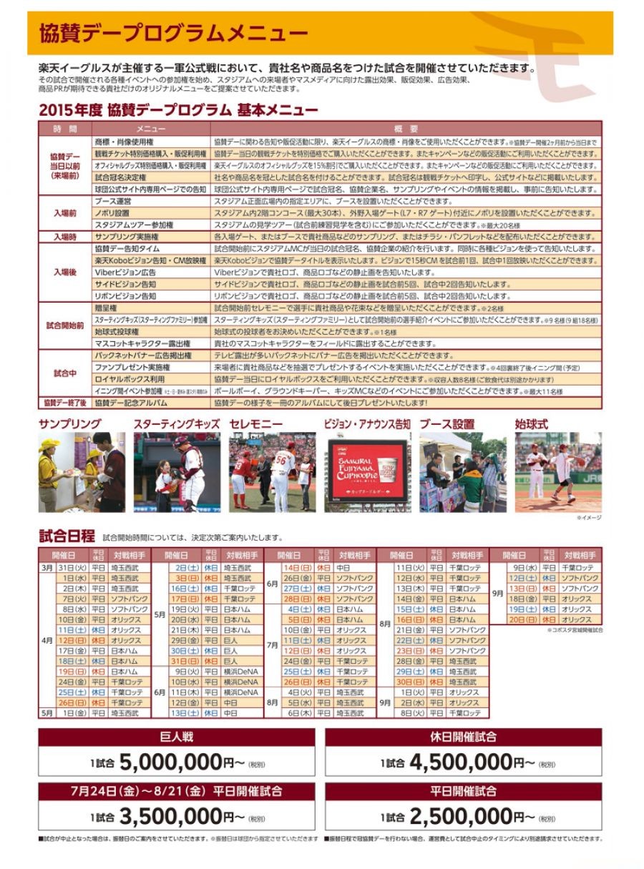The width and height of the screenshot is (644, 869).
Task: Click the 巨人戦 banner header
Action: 176,737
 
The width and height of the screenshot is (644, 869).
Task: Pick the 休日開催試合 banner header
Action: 463,737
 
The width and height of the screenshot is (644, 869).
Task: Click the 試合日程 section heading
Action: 67,536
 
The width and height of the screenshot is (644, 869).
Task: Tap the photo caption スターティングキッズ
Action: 177,424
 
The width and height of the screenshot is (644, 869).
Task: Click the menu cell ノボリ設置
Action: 112,213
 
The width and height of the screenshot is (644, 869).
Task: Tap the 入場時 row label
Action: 65,236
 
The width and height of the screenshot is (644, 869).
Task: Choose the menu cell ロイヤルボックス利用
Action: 130,379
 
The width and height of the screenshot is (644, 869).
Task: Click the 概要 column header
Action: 405,129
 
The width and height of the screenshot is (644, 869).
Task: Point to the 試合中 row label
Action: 65,373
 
